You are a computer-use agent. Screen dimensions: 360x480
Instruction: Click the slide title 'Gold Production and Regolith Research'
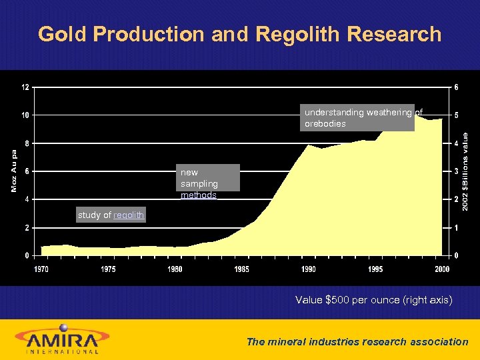(x=240, y=34)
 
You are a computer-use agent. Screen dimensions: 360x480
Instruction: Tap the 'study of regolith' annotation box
(x=111, y=215)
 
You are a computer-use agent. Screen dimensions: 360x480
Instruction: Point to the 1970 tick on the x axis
(x=41, y=269)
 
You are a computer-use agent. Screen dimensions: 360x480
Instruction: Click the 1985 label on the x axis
(x=241, y=269)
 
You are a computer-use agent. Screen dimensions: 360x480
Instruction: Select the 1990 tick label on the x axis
(x=308, y=269)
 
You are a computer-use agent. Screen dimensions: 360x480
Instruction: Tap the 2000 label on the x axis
(x=441, y=269)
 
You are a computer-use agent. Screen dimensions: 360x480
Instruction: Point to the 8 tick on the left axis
(x=25, y=143)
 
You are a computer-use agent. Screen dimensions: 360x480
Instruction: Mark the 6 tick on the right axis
(x=456, y=87)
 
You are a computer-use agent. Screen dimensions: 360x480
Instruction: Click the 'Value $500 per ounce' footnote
(x=373, y=301)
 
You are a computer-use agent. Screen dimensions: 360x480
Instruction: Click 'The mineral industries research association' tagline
(x=357, y=341)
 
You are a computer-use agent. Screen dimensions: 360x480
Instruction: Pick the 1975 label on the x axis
(x=108, y=269)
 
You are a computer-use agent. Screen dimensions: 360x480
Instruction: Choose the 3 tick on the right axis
(x=456, y=171)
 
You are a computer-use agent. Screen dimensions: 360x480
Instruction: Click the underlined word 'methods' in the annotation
(x=199, y=195)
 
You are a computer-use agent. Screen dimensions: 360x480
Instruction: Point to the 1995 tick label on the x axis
(x=375, y=269)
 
